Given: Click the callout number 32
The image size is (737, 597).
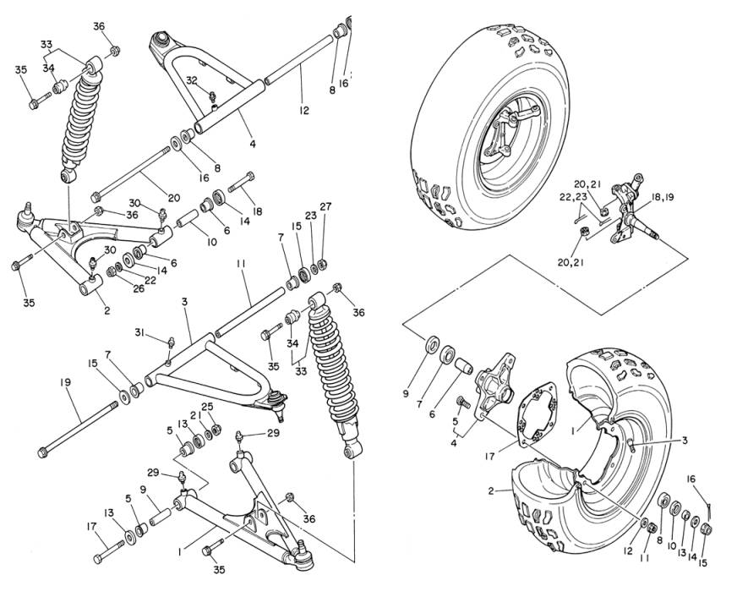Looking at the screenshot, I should [192, 80].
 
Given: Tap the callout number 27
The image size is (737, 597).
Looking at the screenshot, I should [325, 207].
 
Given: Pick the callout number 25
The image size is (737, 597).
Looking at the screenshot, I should [207, 408].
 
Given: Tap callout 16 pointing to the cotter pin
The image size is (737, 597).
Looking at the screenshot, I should [691, 480].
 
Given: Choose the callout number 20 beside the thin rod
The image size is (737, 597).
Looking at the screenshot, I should [173, 199].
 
